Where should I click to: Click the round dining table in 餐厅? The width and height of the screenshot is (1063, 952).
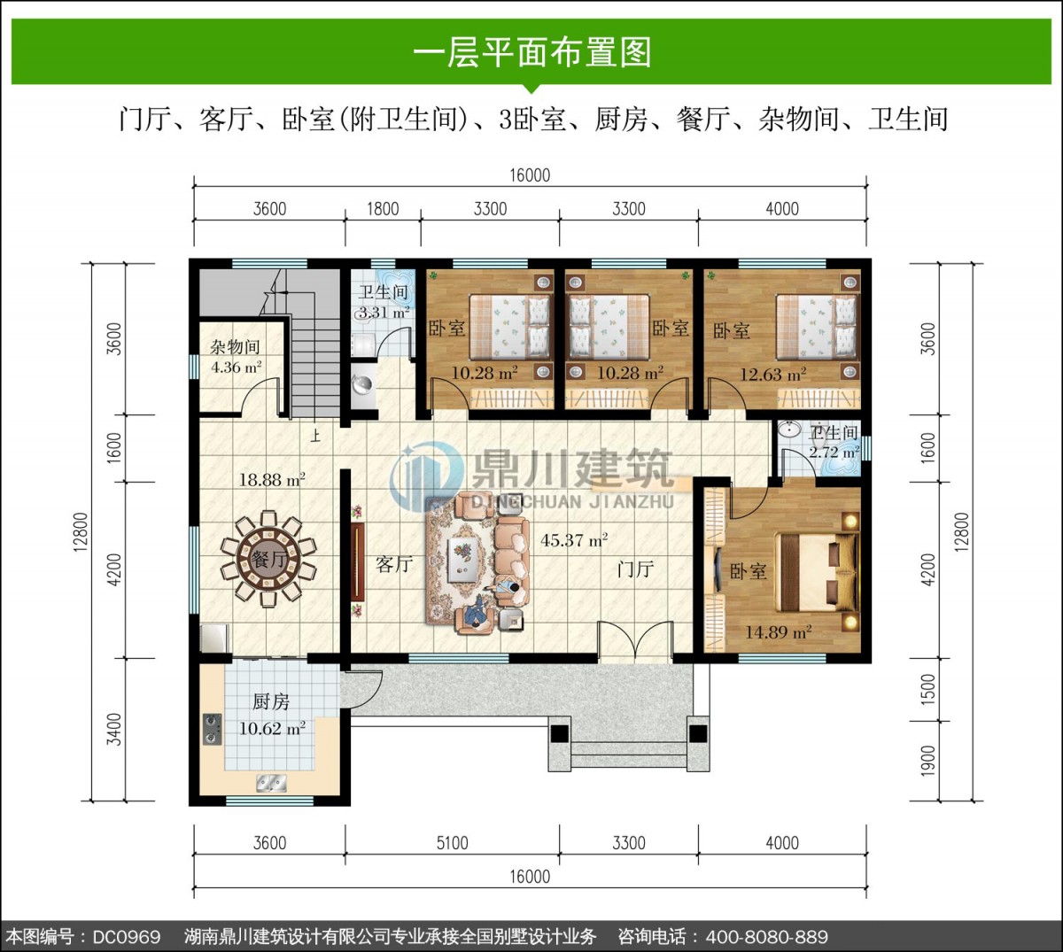click(x=268, y=559)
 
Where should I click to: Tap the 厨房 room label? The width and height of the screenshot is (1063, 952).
click(x=270, y=701)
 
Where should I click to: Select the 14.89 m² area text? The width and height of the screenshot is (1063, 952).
click(x=778, y=631)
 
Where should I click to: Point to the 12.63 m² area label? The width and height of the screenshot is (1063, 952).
click(x=772, y=375)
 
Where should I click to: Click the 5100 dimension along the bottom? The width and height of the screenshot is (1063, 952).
click(x=452, y=843)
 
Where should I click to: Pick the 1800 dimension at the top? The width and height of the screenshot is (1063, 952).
click(x=383, y=209)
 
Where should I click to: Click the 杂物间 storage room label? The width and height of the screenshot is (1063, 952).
click(x=235, y=347)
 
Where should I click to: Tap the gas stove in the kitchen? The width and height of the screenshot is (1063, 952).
click(x=212, y=729)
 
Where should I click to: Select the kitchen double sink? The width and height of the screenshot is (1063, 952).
click(x=271, y=783)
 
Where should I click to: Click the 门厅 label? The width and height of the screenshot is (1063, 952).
click(x=635, y=569)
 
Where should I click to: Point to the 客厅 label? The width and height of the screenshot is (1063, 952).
click(x=394, y=564)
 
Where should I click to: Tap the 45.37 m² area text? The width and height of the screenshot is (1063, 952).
click(x=574, y=539)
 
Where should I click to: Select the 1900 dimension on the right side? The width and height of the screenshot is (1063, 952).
click(x=928, y=761)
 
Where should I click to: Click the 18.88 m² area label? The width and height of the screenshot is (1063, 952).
click(x=272, y=479)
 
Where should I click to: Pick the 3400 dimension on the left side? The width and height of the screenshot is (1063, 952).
click(x=114, y=729)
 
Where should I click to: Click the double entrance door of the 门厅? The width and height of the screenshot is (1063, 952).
click(x=635, y=640)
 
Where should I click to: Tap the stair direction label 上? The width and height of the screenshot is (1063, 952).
click(x=314, y=436)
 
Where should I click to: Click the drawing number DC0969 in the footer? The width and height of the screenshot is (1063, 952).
click(x=127, y=936)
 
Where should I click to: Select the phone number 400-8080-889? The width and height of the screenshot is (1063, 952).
click(x=766, y=936)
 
